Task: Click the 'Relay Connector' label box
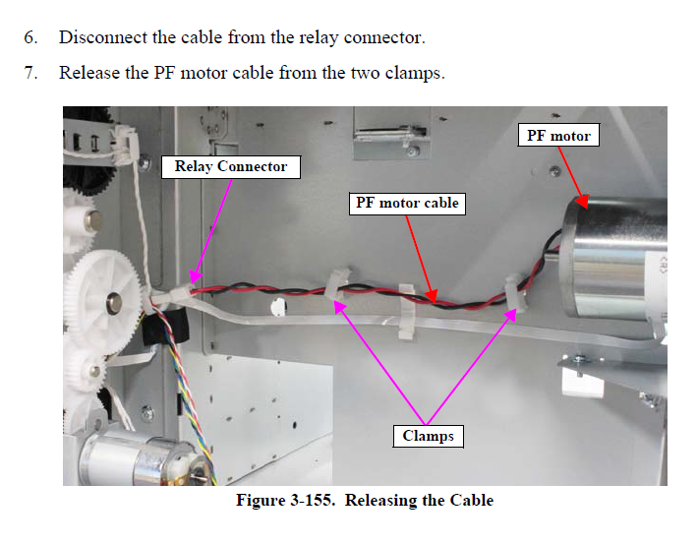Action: pyautogui.click(x=231, y=166)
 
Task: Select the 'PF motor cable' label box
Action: pyautogui.click(x=406, y=204)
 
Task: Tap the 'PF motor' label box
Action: pyautogui.click(x=557, y=135)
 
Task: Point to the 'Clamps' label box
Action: pyautogui.click(x=429, y=435)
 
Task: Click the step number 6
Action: pyautogui.click(x=31, y=38)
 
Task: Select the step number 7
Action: pyautogui.click(x=31, y=72)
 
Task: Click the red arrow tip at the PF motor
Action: pyautogui.click(x=585, y=208)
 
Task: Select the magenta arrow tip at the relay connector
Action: pyautogui.click(x=192, y=284)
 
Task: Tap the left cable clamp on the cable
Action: pyautogui.click(x=333, y=287)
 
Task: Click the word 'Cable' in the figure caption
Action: pyautogui.click(x=472, y=500)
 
